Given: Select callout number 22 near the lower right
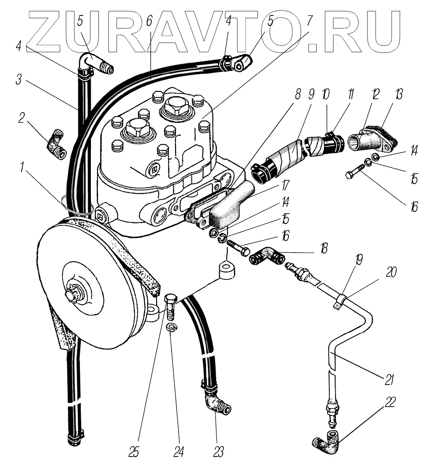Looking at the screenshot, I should [x=390, y=402].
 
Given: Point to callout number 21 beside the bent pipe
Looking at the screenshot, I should [x=389, y=379].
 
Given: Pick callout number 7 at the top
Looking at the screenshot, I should [x=309, y=20].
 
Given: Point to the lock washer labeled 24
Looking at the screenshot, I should [x=172, y=327].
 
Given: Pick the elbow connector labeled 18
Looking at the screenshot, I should [x=266, y=257].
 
